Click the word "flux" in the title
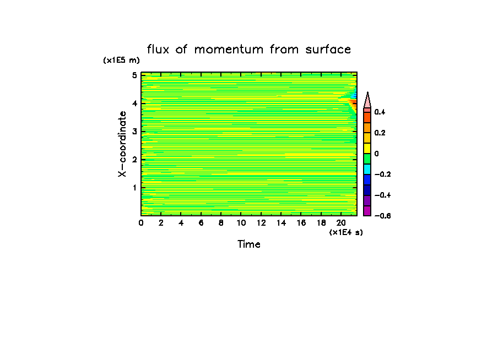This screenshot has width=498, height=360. (x=159, y=50)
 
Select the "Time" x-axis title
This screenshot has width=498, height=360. (x=249, y=244)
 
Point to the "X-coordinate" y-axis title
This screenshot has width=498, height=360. (x=123, y=144)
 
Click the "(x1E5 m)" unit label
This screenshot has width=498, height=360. (x=122, y=61)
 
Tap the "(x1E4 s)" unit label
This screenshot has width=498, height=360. (x=346, y=233)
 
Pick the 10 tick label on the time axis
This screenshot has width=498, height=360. (x=241, y=223)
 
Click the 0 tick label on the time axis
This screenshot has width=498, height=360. (x=141, y=223)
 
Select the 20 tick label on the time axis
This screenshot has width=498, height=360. (x=341, y=223)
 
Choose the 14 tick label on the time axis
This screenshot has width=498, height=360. (x=281, y=223)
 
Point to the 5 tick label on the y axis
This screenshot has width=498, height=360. (x=134, y=75)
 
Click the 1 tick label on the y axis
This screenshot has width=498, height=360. (x=134, y=188)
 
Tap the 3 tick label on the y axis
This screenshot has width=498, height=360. (x=134, y=132)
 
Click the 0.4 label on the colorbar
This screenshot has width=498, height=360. (x=380, y=112)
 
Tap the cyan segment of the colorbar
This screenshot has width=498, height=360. (x=367, y=169)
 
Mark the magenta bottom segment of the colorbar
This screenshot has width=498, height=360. (x=367, y=211)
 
